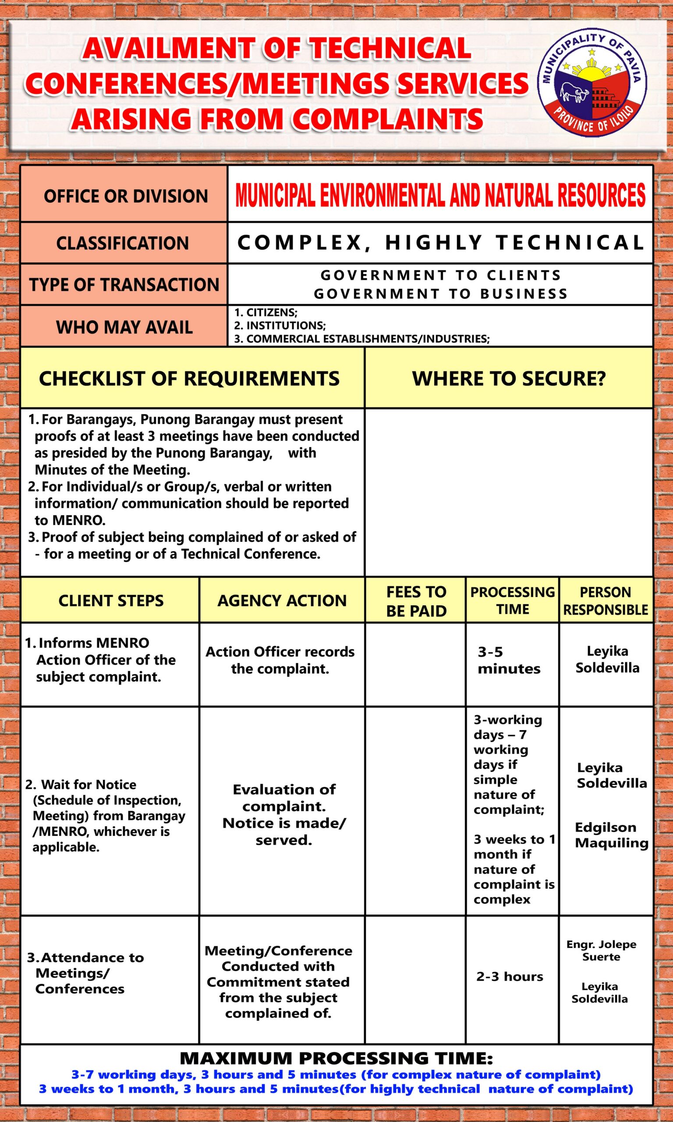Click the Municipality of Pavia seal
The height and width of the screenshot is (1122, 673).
[592, 84]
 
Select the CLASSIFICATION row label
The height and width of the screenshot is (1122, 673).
[122, 243]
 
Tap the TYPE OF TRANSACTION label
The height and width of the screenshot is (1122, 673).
[124, 285]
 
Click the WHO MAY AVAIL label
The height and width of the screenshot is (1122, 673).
[124, 327]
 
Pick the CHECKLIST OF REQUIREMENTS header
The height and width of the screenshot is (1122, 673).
[189, 379]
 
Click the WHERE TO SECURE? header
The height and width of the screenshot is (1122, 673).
[508, 379]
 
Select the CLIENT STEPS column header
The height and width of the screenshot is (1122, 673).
[111, 600]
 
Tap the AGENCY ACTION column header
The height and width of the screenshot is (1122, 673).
[282, 600]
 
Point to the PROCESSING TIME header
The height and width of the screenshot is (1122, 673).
[513, 600]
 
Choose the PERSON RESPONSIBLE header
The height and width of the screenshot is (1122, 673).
[606, 600]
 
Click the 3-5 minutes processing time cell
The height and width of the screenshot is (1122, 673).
[509, 660]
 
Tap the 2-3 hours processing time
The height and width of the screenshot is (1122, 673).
[509, 976]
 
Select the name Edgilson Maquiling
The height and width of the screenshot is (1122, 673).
[611, 835]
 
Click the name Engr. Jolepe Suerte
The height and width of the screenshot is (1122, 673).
[601, 950]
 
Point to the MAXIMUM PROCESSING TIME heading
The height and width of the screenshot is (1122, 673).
[336, 1058]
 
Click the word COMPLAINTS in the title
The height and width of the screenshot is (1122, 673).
[387, 119]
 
